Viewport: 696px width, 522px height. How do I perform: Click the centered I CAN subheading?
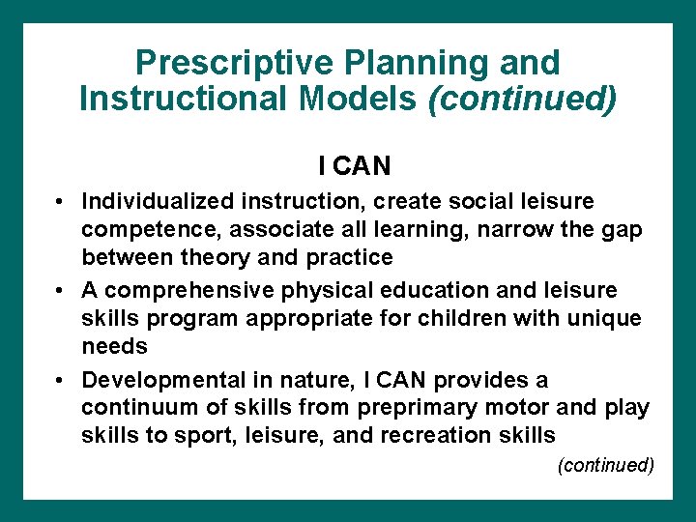click(x=355, y=166)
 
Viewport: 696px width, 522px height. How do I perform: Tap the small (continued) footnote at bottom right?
click(x=606, y=465)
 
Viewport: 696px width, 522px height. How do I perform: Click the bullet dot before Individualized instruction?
click(x=60, y=202)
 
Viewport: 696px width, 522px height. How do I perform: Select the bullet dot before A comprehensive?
click(x=60, y=291)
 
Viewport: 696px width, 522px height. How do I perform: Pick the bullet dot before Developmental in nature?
click(x=60, y=380)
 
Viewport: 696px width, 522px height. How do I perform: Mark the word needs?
click(x=114, y=346)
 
